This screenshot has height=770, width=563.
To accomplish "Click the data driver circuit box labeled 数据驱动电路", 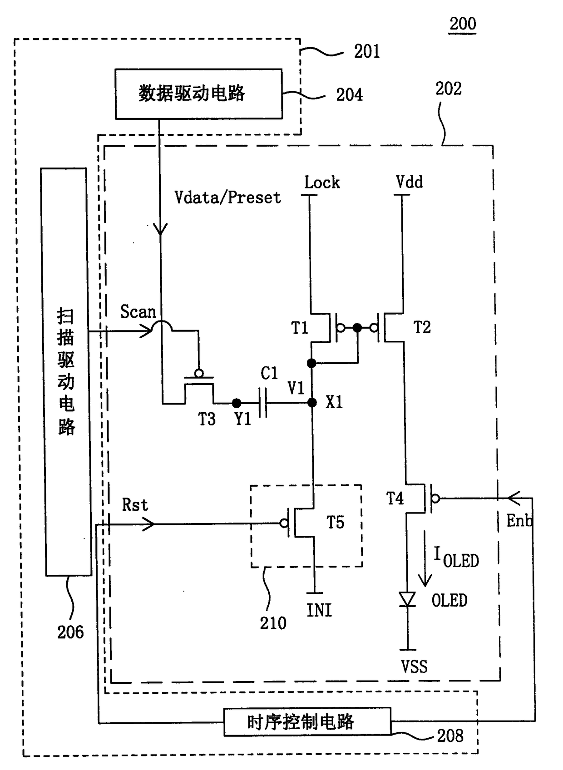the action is coord(199,94).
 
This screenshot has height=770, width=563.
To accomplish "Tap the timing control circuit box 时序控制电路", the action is coord(307,721).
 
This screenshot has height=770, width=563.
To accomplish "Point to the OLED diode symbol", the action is coord(407,599).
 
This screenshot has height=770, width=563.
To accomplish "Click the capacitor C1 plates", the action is coord(263,403).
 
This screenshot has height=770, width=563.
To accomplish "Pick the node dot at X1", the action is coord(312,403).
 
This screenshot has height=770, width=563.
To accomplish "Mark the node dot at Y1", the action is coord(237,403).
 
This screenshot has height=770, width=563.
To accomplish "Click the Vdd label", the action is coord(409,182).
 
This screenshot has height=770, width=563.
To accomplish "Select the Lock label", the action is coord(322,182).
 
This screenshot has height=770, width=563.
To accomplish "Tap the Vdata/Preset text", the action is coord(227,197).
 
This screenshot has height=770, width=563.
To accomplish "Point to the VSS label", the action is coord(414,666).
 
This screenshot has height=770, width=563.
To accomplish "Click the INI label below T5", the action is coord(319,611).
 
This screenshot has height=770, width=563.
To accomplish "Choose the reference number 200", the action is coord(463,24).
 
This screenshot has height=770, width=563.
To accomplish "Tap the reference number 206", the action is coord(70,632).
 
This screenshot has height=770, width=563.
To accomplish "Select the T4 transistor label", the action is coord(395,498).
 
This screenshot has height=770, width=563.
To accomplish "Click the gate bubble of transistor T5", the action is coord(284,523).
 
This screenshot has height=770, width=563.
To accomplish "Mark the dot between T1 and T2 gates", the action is coord(357,328).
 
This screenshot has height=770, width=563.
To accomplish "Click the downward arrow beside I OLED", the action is coord(425,558).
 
